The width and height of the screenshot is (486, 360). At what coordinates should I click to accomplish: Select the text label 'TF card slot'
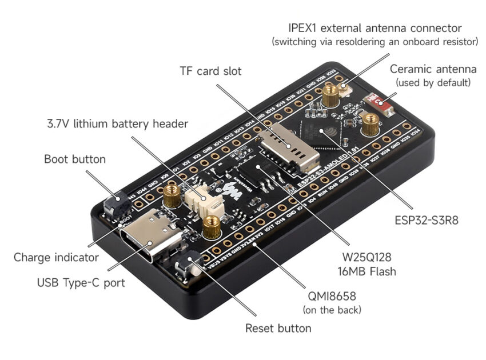210,71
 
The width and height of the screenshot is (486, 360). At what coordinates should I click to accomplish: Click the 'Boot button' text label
75,159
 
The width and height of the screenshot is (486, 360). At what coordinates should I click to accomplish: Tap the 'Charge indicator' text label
56,258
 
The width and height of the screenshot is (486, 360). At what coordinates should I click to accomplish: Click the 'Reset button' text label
278,329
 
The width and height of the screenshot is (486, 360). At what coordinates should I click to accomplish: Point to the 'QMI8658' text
332,297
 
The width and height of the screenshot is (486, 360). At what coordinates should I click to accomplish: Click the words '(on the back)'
332,310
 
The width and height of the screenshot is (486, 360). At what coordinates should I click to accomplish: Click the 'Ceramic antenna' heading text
433,69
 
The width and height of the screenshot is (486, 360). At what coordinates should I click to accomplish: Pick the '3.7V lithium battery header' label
117,124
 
